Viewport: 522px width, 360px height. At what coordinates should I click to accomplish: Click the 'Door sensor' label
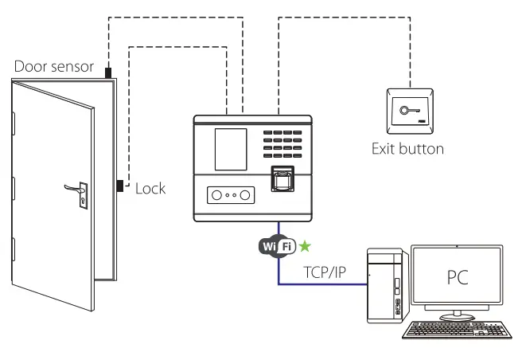(53, 66)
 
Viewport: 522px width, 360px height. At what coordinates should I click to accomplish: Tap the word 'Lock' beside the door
(150, 188)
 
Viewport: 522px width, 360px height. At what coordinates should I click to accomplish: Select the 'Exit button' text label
(408, 149)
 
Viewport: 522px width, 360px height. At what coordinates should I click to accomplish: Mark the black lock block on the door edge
(119, 186)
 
